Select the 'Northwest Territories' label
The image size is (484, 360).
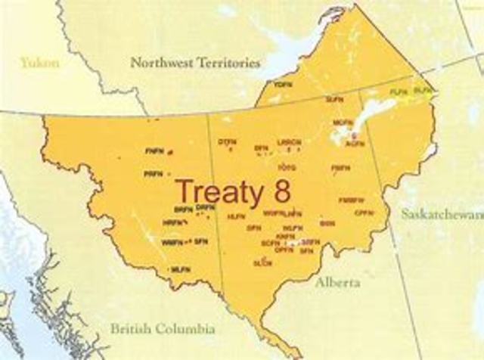point(195,63)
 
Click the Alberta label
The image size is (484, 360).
point(339,282)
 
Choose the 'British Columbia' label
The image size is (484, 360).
point(163,329)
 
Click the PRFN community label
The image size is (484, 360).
point(152,174)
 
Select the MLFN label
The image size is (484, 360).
point(180,270)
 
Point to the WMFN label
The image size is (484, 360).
point(172,242)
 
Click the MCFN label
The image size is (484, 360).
point(343,121)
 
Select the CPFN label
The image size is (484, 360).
point(364,213)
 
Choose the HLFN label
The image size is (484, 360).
point(234,216)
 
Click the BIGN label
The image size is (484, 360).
point(327,223)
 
